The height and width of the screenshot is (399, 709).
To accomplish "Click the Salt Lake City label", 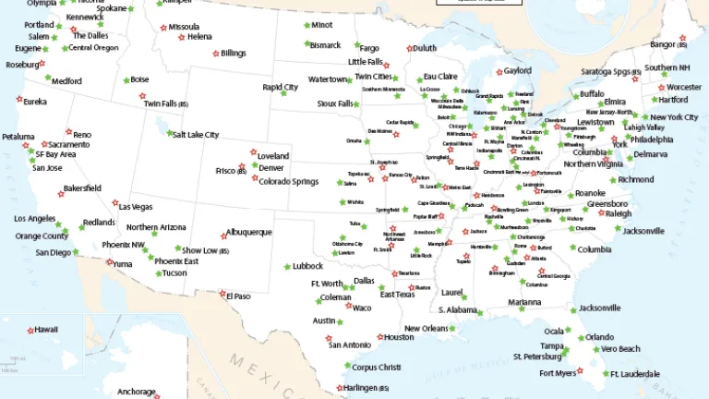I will point(194,135).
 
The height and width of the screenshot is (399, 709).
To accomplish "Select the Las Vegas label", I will point(136,207).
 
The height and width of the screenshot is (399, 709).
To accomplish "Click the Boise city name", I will point(139,80).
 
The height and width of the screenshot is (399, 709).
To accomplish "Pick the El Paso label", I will point(237,296).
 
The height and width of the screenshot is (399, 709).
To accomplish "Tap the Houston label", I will point(399,337).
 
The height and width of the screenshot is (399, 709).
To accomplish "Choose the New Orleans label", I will point(427,329).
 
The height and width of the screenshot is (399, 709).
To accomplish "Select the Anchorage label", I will point(137,392).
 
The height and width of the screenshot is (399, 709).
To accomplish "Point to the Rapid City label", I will point(281,88).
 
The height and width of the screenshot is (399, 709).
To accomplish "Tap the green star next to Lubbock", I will point(287,266).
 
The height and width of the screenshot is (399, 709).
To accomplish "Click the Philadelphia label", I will point(653,139).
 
